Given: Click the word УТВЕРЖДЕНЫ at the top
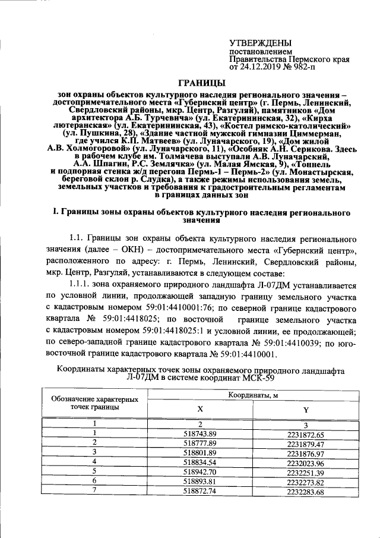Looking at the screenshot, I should [260, 43].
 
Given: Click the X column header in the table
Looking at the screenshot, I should [199, 410].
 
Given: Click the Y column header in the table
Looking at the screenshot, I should [305, 410].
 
